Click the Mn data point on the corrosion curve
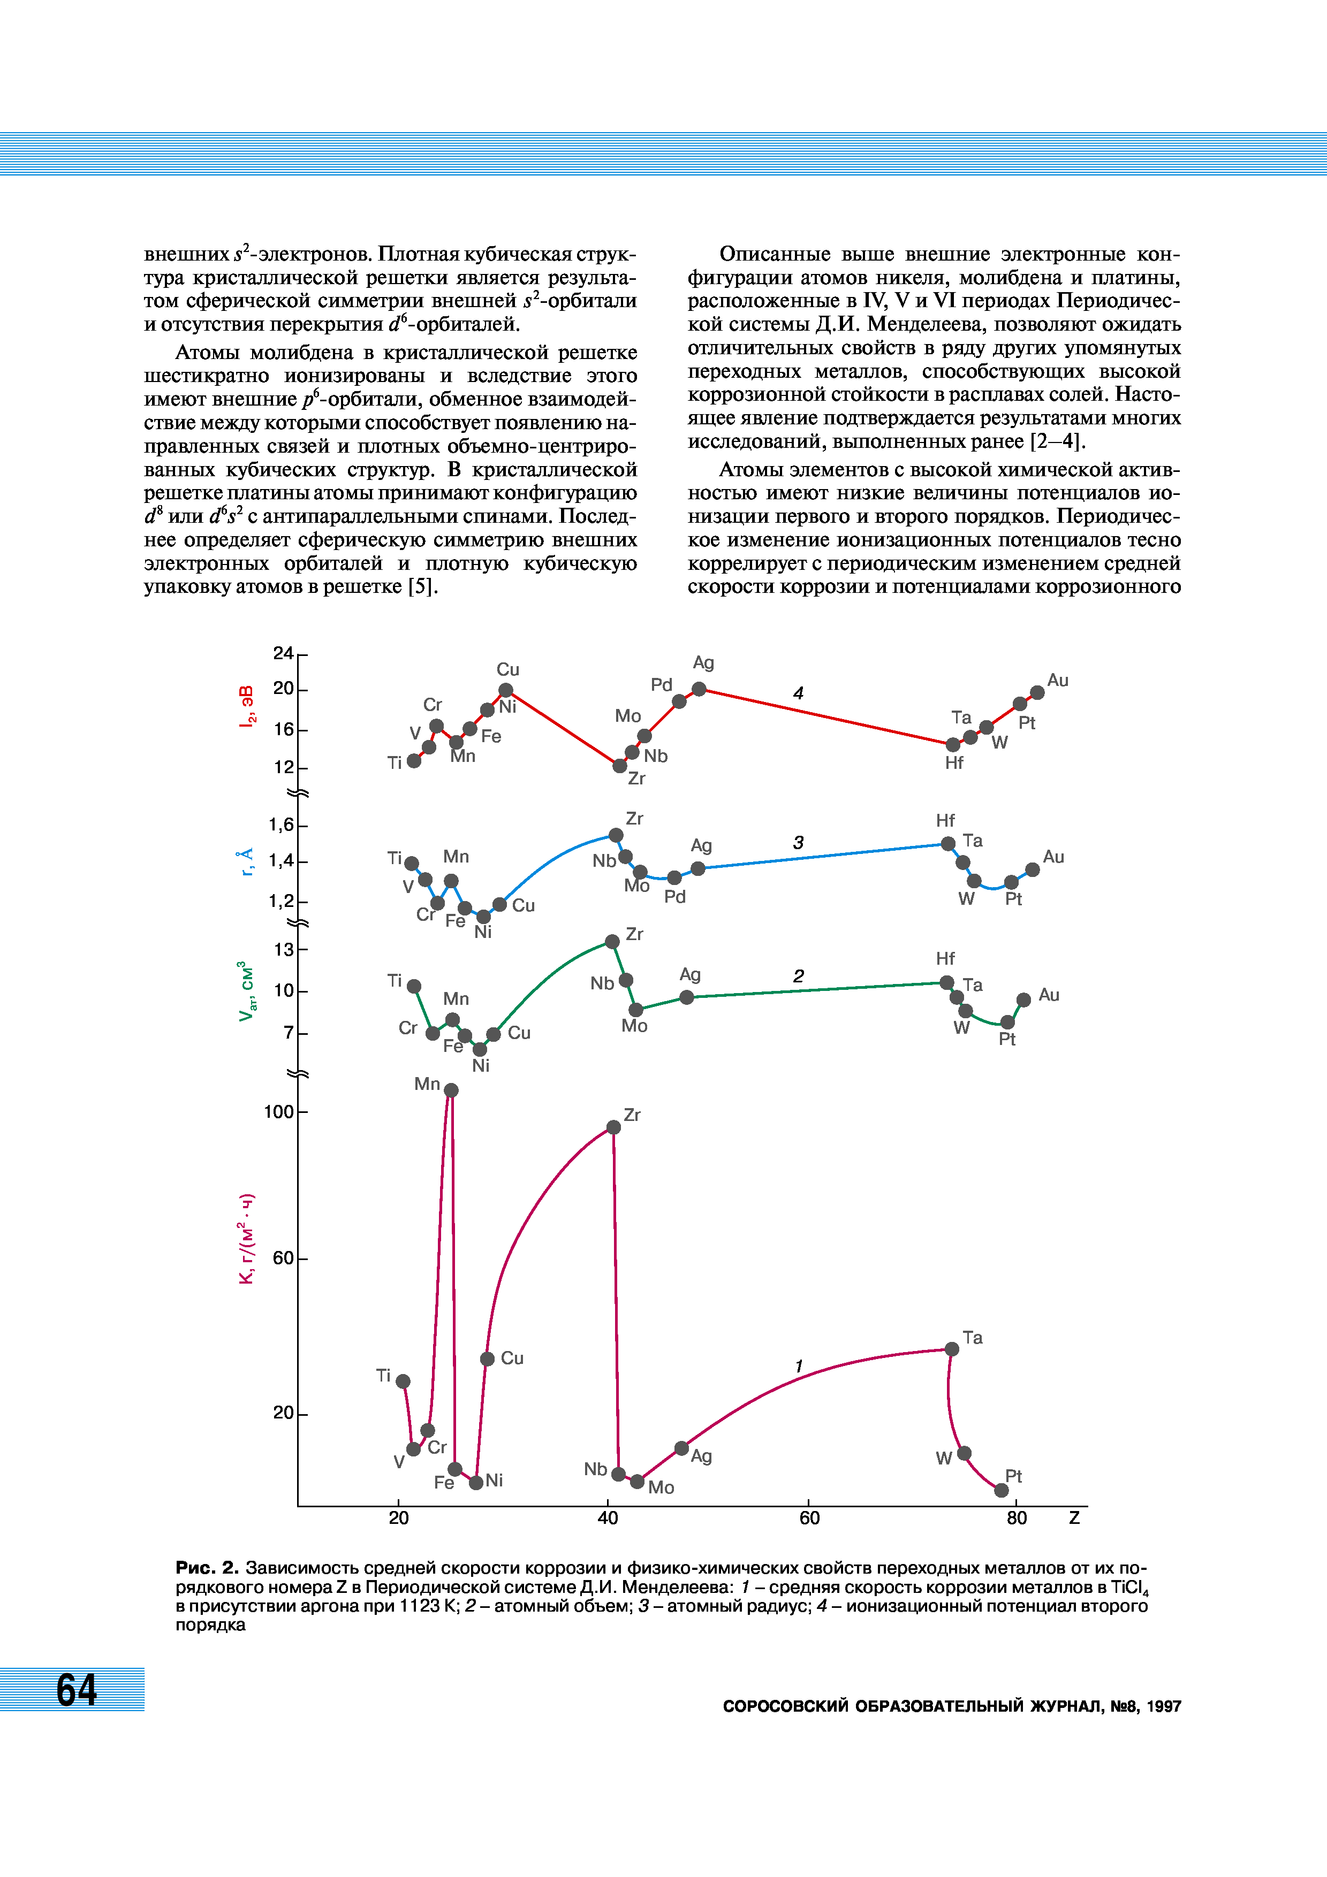click(x=451, y=1090)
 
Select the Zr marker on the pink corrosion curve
click(x=613, y=1127)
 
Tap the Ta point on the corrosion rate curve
click(x=952, y=1349)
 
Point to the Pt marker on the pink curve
click(x=1001, y=1490)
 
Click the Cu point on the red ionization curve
click(x=506, y=690)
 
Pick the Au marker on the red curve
click(x=1037, y=692)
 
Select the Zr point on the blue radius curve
click(x=616, y=835)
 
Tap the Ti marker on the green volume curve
click(x=414, y=986)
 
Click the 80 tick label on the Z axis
click(x=1017, y=1518)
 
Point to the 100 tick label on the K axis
click(x=278, y=1112)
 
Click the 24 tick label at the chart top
click(x=283, y=653)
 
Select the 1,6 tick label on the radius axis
click(x=281, y=825)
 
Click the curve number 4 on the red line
click(x=798, y=693)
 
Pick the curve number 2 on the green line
click(x=798, y=975)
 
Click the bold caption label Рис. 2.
click(x=206, y=1568)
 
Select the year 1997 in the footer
click(x=1164, y=1706)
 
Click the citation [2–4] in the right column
click(x=1056, y=441)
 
